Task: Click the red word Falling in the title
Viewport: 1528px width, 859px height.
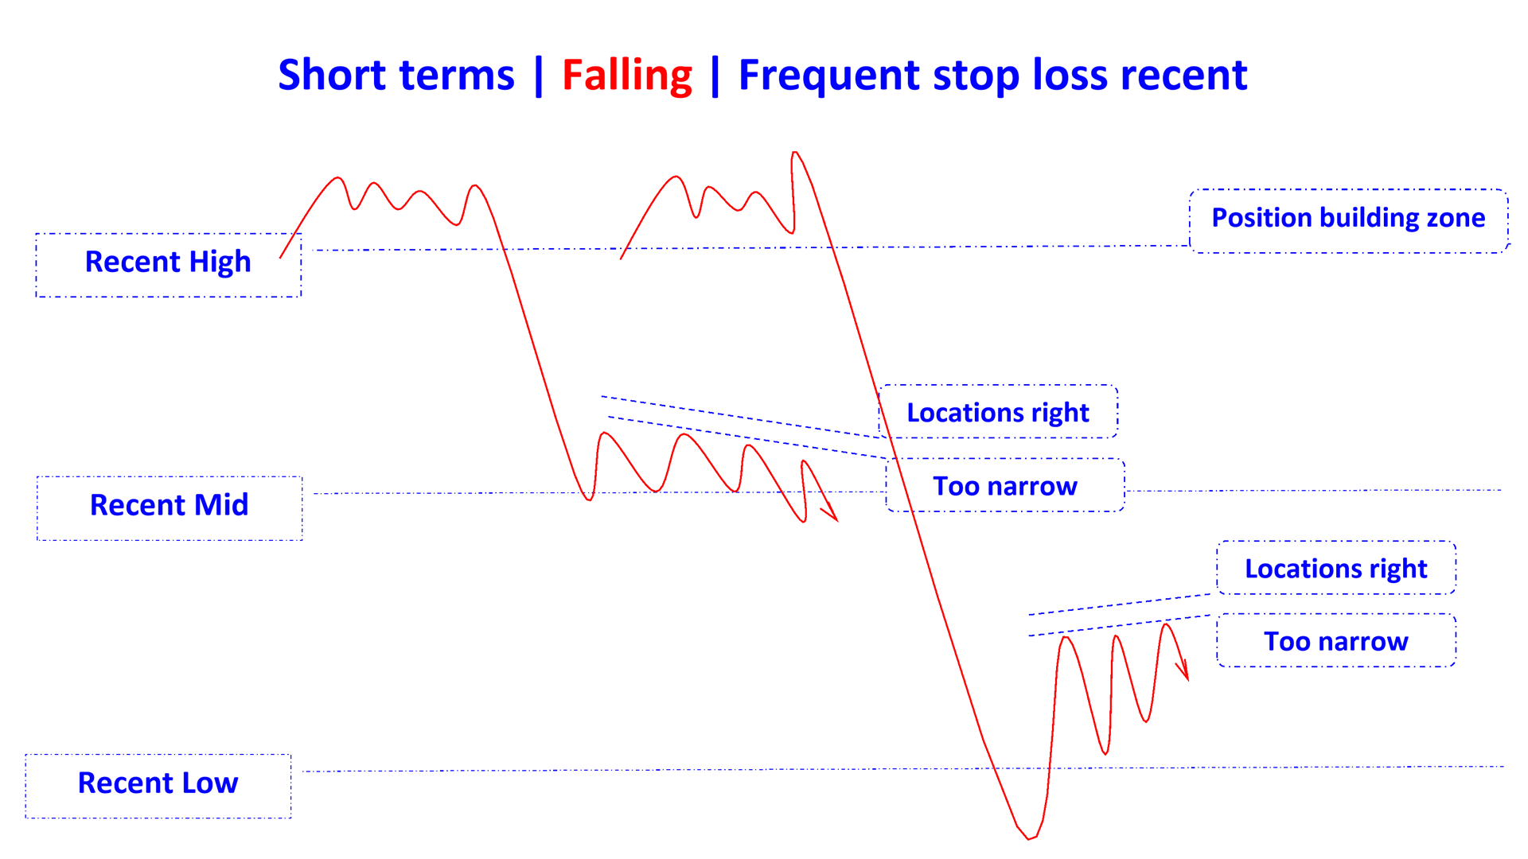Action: coord(627,76)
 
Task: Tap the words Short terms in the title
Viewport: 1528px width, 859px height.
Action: coord(396,76)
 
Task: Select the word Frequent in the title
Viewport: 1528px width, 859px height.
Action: coord(829,76)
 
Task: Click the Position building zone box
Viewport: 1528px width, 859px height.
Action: coord(1348,220)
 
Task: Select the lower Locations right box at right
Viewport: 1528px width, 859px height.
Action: coord(1336,569)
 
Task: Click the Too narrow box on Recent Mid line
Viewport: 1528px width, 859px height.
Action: coord(1005,486)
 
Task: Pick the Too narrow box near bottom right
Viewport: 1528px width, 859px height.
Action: coord(1336,641)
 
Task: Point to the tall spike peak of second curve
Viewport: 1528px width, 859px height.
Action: coord(794,153)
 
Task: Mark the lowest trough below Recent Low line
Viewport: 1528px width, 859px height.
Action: coord(1029,838)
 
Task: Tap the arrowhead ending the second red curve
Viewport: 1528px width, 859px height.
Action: coord(1186,676)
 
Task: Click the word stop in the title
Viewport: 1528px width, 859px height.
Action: coord(976,76)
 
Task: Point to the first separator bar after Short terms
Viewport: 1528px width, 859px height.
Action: coord(539,76)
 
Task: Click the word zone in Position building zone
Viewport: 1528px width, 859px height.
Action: coord(1456,218)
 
